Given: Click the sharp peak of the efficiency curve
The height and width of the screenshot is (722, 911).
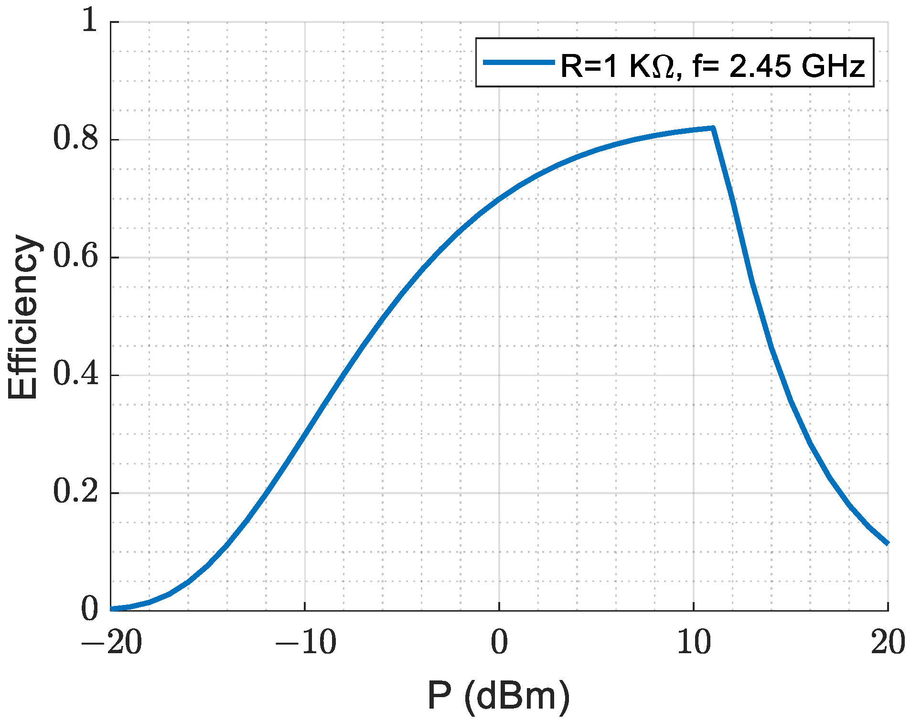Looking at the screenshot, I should coord(713,128).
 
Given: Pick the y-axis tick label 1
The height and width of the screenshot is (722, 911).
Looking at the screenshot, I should coord(89,22).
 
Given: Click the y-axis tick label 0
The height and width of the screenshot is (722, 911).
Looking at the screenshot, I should coord(89,610).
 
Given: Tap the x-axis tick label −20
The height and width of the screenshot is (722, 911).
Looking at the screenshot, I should coord(111,643).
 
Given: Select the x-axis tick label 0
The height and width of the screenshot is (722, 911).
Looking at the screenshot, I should coord(499,643).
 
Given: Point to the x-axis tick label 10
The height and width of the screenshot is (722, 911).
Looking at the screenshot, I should coord(694,643).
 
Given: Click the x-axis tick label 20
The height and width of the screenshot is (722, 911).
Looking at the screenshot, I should coord(888,643).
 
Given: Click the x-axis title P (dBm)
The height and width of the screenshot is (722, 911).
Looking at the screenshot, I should coord(499,697).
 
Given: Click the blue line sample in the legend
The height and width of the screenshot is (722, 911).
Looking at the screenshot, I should coord(518,62).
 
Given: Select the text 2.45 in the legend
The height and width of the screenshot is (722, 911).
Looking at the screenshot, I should coord(760,65).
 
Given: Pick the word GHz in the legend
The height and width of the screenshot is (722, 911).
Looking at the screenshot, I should coord(834,65).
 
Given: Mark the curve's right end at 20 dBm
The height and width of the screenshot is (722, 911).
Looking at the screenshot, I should coord(887,543).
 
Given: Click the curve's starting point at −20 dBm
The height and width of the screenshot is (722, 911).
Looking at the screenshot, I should coord(112,609).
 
